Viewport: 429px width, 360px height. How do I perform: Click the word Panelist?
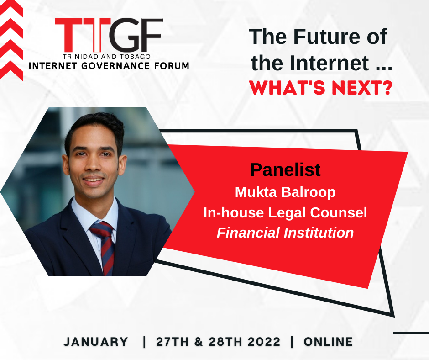[285, 170]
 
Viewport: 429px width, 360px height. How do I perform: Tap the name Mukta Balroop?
[285, 192]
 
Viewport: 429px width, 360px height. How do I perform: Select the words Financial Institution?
[285, 233]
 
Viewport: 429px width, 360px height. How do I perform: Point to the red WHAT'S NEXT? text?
[321, 88]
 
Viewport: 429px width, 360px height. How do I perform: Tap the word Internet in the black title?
[329, 63]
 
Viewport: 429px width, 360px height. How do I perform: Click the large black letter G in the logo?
[126, 35]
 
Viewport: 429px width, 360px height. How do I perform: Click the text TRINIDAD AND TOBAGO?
[106, 57]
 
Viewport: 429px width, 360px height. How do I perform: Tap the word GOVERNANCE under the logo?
[120, 66]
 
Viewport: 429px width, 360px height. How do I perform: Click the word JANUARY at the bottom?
[96, 342]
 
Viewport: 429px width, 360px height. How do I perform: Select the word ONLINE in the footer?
[328, 342]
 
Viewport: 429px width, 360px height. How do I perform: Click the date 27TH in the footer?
[173, 342]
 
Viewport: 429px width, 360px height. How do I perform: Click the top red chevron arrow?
[11, 8]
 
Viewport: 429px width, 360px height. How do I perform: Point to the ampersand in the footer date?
[199, 342]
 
